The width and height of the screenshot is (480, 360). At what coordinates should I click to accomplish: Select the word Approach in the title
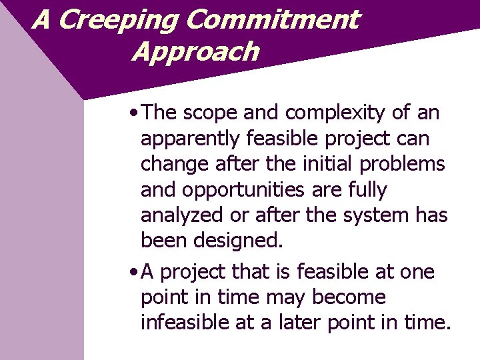(x=195, y=52)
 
